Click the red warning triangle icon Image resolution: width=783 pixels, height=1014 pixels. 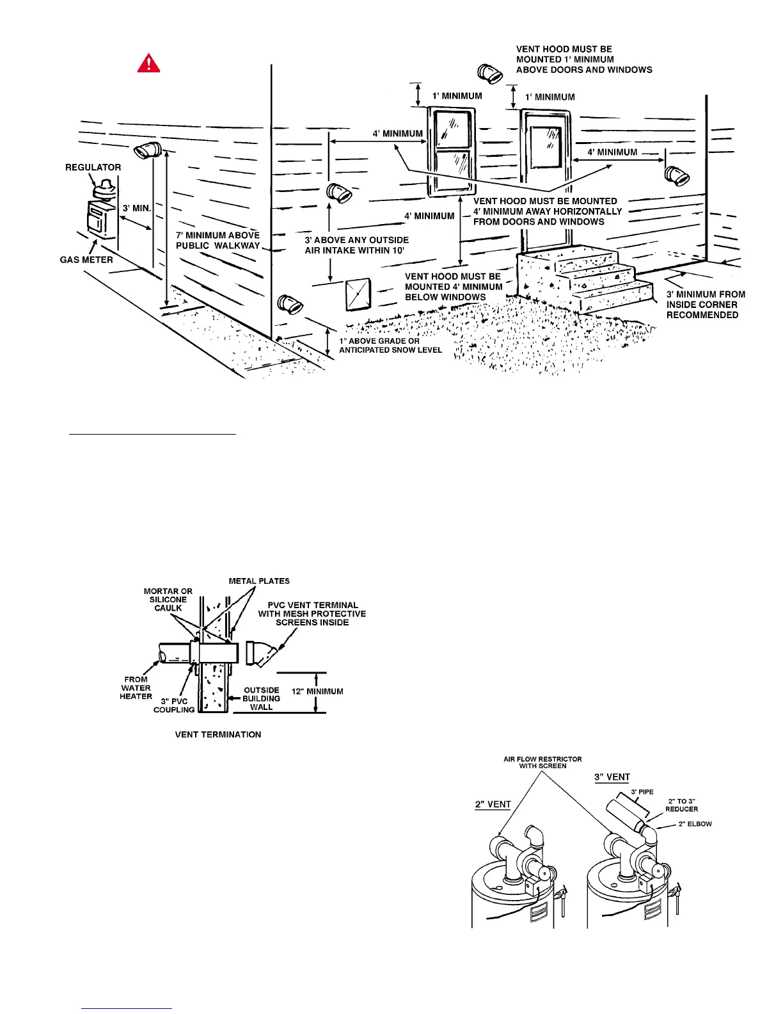(148, 63)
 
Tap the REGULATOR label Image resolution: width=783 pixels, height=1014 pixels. (93, 167)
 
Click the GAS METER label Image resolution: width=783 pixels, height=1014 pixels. (86, 260)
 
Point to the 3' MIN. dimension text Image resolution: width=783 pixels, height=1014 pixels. (137, 208)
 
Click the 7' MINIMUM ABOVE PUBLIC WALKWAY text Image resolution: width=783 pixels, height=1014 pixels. (218, 240)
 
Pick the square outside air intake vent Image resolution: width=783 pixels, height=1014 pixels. (358, 295)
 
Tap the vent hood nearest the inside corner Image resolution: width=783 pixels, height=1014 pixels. (676, 175)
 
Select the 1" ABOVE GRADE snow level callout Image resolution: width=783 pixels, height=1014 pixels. (390, 346)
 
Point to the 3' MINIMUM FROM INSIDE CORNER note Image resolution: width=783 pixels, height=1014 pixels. (705, 305)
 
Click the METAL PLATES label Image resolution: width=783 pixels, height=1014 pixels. (259, 581)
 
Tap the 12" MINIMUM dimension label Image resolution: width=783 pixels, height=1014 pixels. (317, 691)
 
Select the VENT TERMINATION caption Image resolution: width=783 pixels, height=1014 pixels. (218, 734)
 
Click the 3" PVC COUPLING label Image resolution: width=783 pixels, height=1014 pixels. (174, 705)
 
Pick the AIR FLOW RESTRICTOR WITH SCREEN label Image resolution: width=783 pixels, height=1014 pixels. (542, 762)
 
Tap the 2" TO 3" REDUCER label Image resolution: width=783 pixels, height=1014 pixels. (683, 805)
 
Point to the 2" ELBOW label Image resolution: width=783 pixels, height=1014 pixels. (695, 824)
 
